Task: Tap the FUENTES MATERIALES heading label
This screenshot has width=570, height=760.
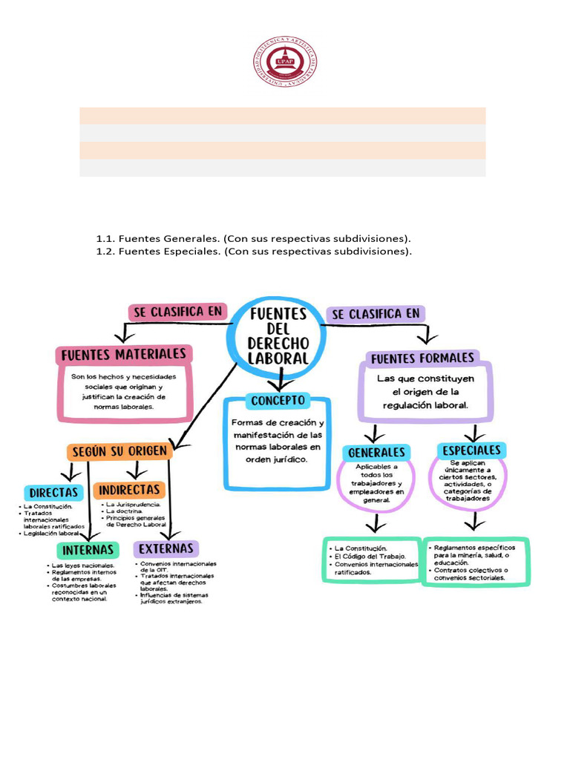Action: [124, 354]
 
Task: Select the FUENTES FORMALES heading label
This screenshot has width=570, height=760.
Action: [422, 358]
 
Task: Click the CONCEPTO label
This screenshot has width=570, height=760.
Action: [278, 401]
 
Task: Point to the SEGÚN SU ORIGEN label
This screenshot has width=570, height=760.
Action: [119, 451]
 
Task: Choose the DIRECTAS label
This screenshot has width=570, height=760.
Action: [53, 492]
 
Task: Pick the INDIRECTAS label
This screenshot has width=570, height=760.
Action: [129, 490]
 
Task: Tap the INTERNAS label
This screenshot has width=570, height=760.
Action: [88, 550]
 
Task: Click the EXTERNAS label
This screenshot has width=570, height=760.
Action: [166, 549]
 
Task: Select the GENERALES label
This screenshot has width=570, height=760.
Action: [376, 452]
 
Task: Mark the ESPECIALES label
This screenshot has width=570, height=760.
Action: [472, 451]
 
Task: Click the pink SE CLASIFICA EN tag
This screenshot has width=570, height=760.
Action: [177, 312]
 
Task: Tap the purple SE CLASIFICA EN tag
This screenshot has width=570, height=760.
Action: [376, 314]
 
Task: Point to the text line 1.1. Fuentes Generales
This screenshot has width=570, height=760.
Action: [253, 239]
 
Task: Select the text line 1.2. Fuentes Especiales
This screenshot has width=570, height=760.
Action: [253, 252]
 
